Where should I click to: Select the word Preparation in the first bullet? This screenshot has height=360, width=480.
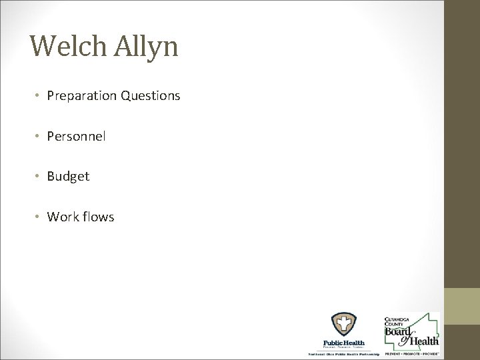tap(82, 97)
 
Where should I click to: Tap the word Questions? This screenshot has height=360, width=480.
tap(150, 97)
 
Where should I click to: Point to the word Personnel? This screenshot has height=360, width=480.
tap(76, 137)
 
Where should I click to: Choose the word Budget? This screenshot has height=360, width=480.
tap(68, 177)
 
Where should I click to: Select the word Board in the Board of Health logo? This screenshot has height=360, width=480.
tap(400, 331)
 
